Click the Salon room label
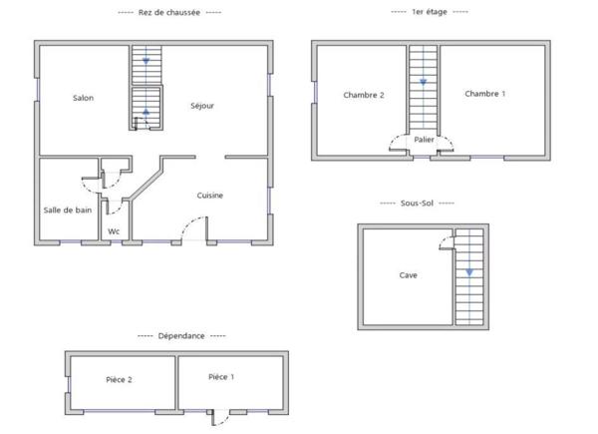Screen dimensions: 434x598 tap(84, 98)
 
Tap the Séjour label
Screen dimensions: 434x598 tap(202, 105)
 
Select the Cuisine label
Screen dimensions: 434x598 tap(209, 196)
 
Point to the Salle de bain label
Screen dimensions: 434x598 tap(68, 210)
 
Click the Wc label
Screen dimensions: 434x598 tap(114, 231)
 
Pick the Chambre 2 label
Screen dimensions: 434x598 tap(364, 95)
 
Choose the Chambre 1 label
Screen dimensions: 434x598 tap(485, 94)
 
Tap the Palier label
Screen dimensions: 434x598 tap(425, 141)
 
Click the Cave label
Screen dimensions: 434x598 tap(409, 275)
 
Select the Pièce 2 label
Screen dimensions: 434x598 tap(120, 379)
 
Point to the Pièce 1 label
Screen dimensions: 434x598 tap(221, 376)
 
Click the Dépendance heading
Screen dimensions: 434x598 tap(181, 336)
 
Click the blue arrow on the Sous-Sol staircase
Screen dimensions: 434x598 tap(468, 271)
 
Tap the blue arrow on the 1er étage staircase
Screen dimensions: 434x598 tap(423, 82)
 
